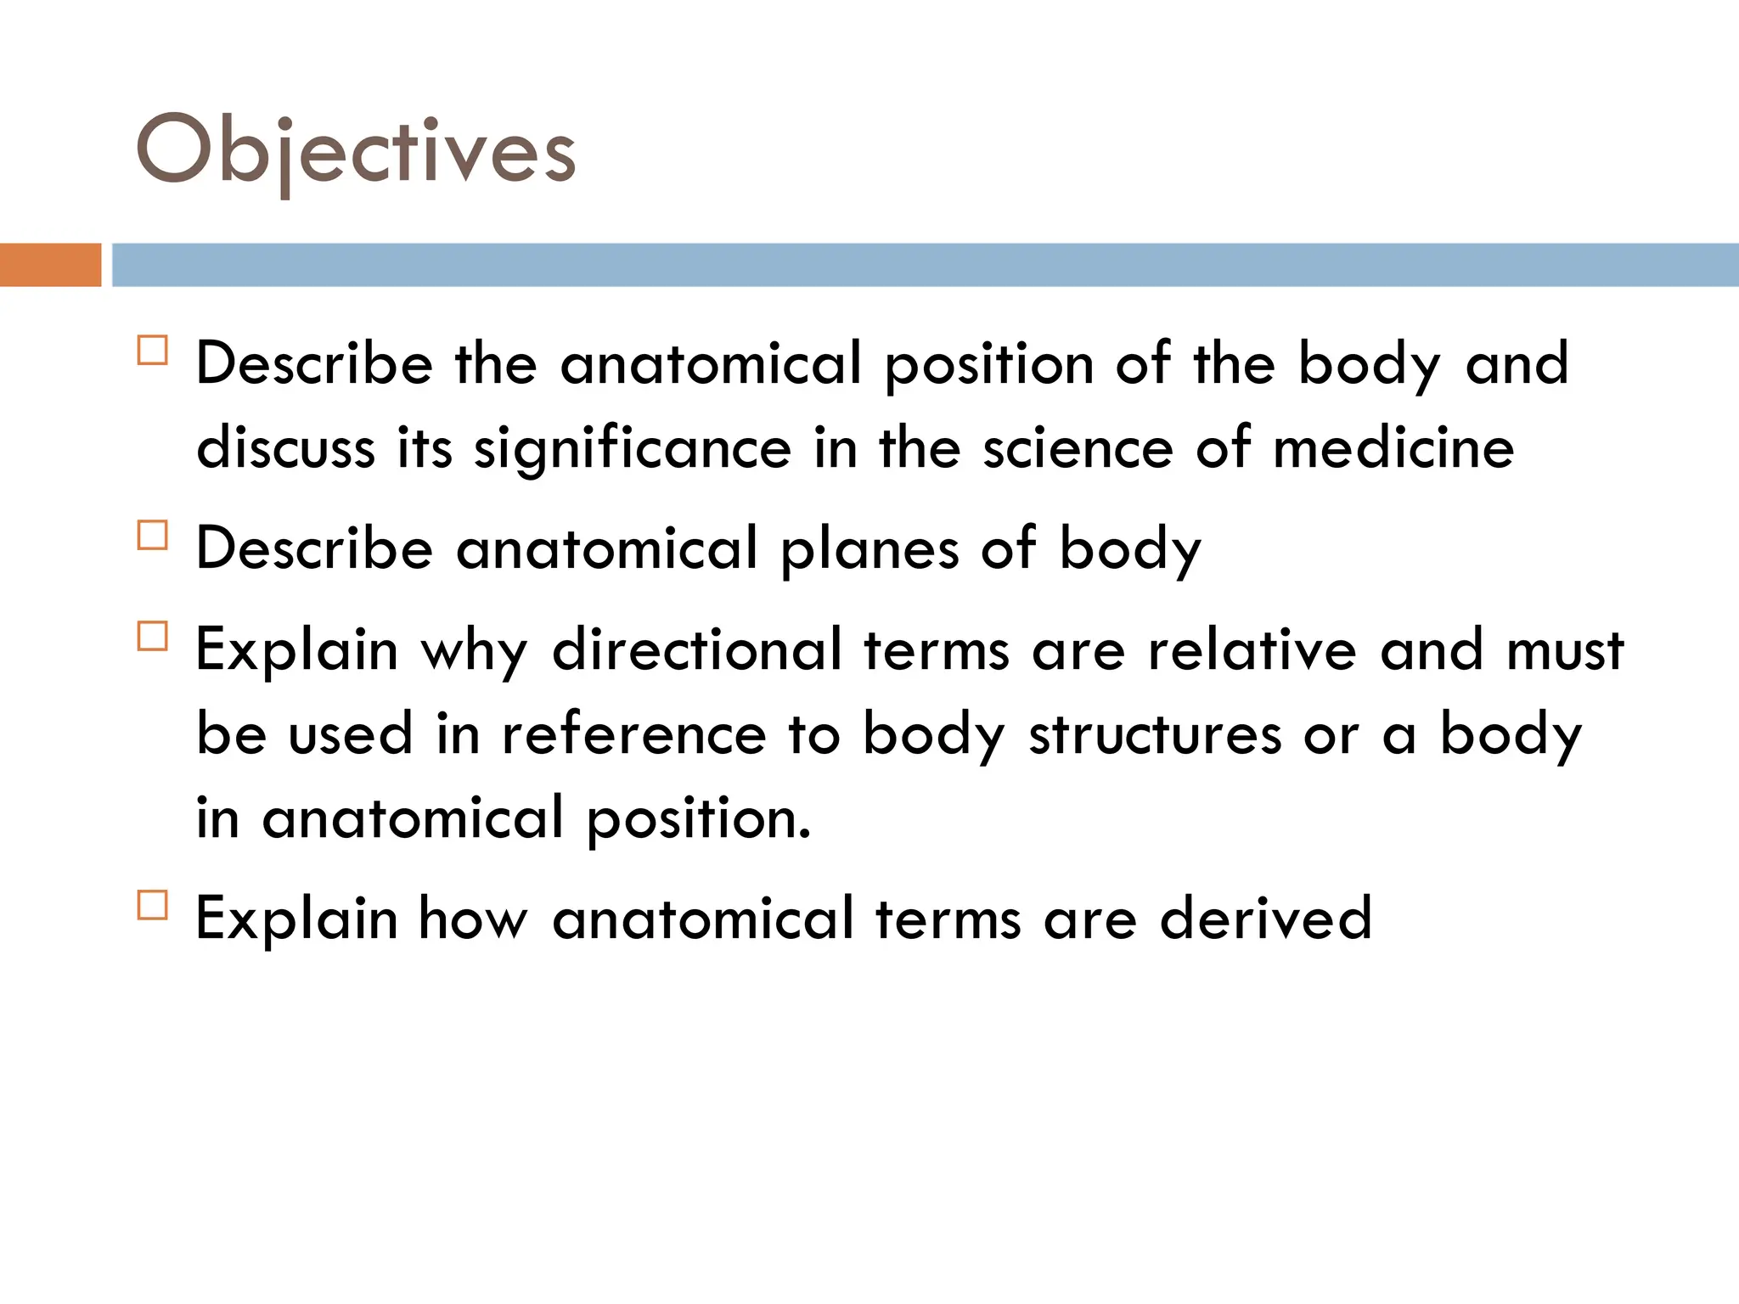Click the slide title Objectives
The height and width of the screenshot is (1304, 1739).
coord(356,151)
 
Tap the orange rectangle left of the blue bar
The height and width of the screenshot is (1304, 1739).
coord(50,265)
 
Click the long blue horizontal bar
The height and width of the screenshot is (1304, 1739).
coord(924,265)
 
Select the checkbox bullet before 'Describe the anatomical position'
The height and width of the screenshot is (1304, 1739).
coord(152,351)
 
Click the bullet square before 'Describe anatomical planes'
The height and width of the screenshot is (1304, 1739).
coord(152,536)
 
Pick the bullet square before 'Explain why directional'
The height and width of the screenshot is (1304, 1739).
coord(152,636)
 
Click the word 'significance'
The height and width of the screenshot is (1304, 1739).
coord(632,449)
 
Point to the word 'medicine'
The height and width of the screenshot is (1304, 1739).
coord(1393,447)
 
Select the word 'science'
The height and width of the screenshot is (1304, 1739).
coord(1078,447)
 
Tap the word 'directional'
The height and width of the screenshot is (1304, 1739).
coord(697,649)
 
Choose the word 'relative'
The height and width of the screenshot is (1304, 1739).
coord(1252,649)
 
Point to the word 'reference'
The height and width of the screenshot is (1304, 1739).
coord(633,734)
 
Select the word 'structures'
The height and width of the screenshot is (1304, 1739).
coord(1155,734)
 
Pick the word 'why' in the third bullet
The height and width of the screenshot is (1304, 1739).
coord(474,651)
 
